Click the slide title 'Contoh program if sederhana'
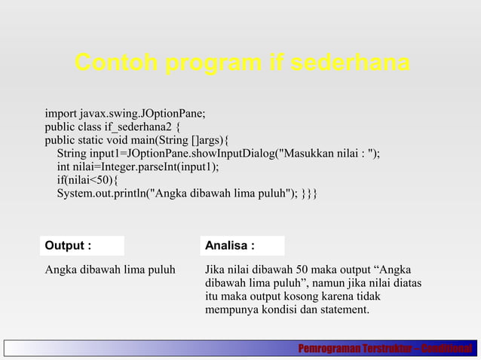pos(242,63)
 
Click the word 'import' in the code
pos(61,114)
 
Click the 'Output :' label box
pos(82,246)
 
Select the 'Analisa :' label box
pos(244,246)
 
